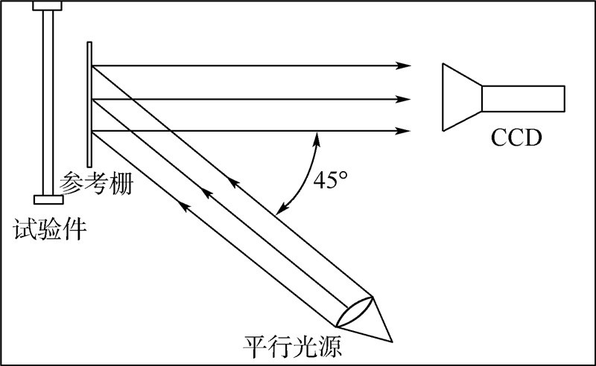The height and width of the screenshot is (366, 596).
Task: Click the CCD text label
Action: (x=516, y=138)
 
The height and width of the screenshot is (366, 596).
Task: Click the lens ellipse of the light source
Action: (x=355, y=309)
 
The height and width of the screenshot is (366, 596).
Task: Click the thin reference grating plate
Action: (x=89, y=104)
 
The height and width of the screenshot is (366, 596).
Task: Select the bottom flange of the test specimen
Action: (x=48, y=199)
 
